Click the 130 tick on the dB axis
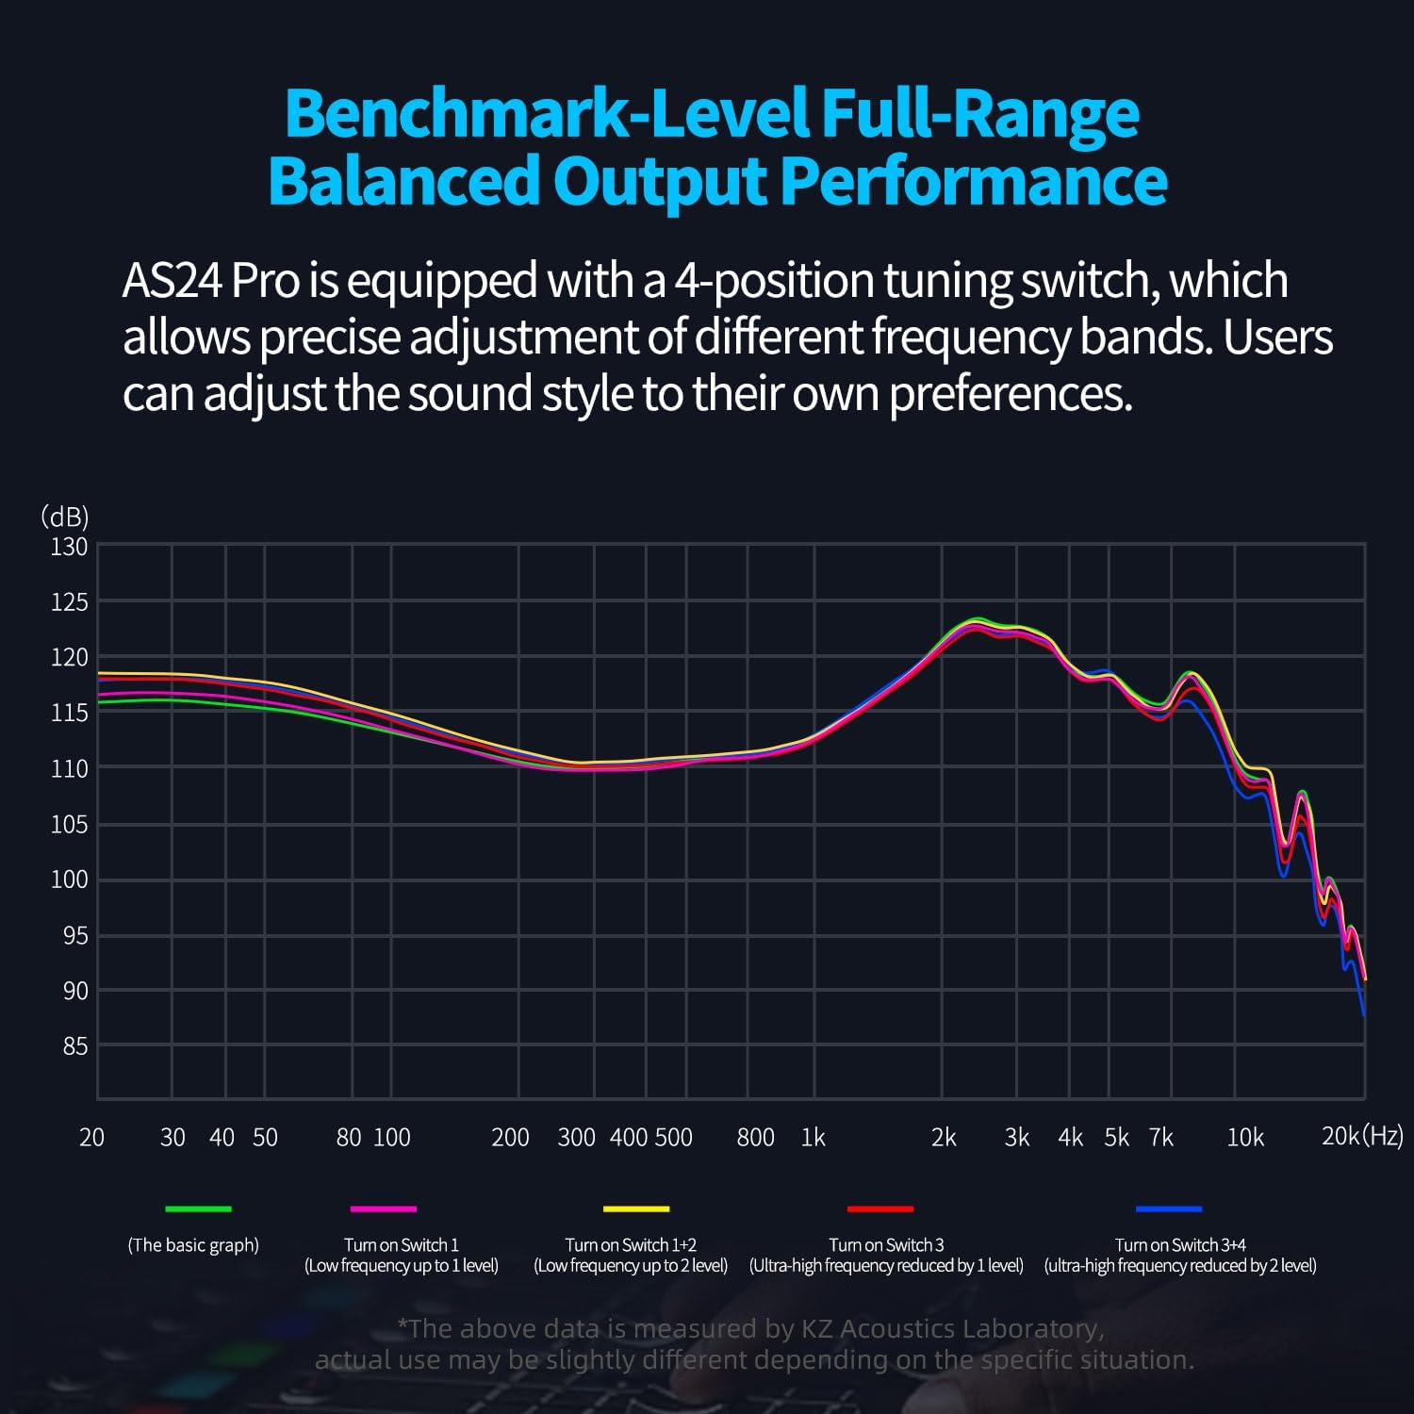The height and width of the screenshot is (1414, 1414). pos(69,547)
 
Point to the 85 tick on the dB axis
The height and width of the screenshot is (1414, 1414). pos(74,1045)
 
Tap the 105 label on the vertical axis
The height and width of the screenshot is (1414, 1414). pos(69,824)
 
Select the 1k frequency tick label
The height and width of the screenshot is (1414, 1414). pos(813,1138)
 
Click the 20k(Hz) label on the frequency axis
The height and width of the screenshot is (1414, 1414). pos(1361,1136)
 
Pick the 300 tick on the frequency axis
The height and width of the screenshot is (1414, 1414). pos(576,1138)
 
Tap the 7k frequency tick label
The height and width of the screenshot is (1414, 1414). pos(1161,1138)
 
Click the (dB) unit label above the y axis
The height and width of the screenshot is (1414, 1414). pos(64,517)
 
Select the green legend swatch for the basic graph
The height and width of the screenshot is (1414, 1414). pos(198,1208)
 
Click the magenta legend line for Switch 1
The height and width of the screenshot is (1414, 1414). pos(383,1208)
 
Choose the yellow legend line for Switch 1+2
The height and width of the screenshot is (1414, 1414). pos(635,1208)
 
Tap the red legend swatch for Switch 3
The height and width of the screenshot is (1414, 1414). pos(880,1208)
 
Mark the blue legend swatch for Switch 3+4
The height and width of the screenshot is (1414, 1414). pos(1169,1208)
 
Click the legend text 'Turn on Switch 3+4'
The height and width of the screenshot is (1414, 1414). pos(1180,1245)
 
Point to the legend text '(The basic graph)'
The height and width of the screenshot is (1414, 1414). pos(193,1245)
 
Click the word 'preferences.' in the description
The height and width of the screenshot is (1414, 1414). pos(1011,394)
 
